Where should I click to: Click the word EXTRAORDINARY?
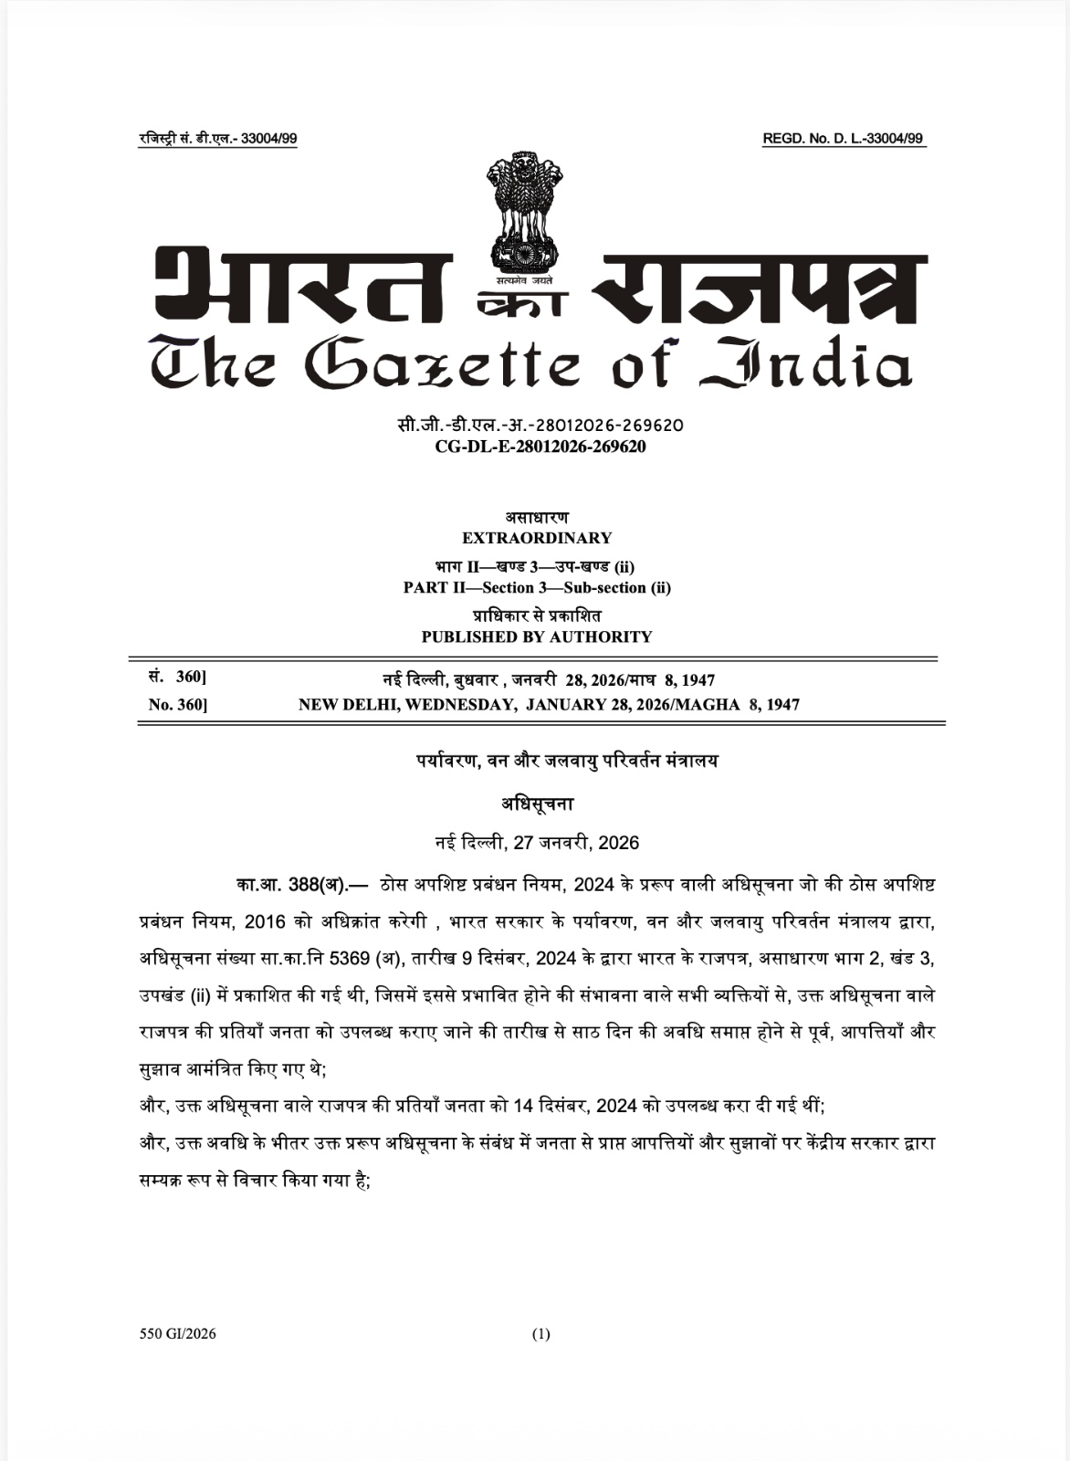[537, 538]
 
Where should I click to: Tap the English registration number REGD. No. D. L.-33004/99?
[843, 139]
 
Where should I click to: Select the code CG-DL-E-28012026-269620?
[540, 447]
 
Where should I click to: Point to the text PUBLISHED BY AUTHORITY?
[537, 636]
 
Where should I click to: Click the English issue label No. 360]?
[178, 705]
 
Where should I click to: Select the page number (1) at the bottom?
[541, 1334]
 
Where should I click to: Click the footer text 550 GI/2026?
[178, 1334]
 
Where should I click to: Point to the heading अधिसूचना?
[537, 804]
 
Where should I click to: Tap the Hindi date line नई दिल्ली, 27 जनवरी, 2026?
[537, 842]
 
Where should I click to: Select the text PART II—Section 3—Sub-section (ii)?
[537, 587]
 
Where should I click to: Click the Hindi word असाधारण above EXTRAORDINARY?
[537, 518]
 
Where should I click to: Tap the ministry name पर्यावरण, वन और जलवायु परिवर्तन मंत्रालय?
[562, 761]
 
